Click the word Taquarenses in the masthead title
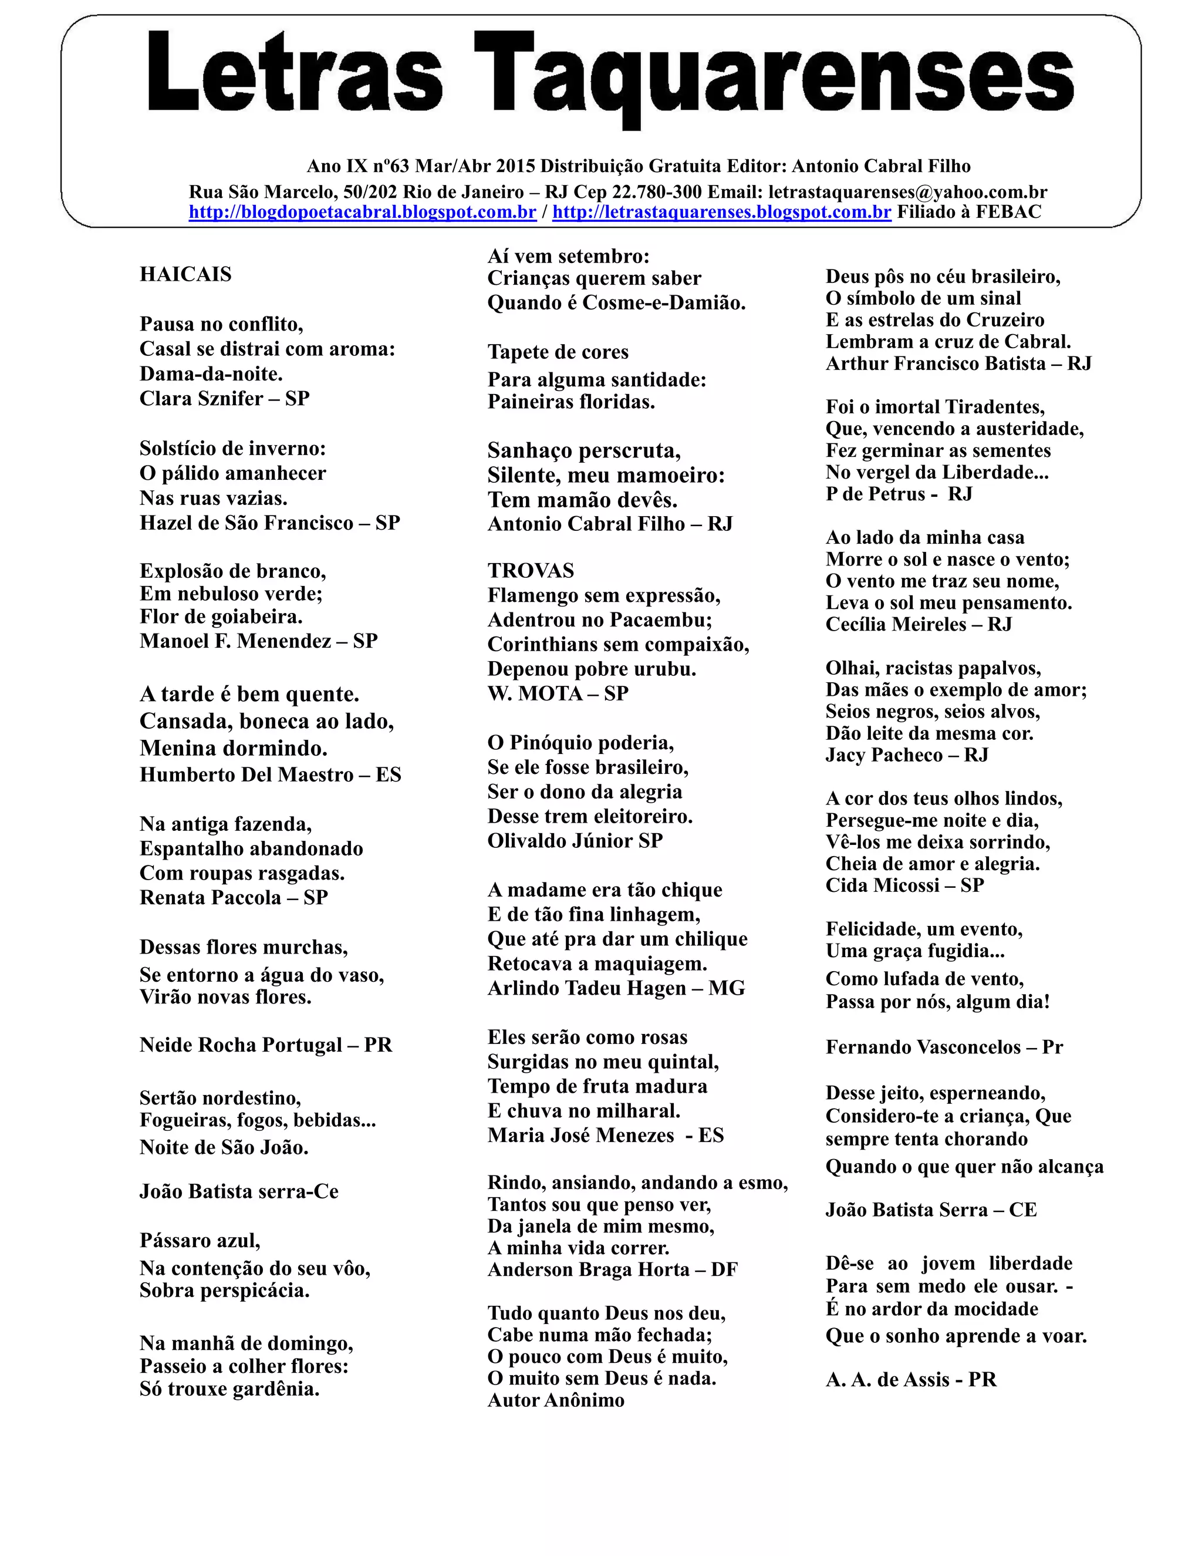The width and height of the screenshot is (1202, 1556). pyautogui.click(x=774, y=75)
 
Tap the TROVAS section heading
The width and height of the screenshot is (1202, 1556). pyautogui.click(x=531, y=570)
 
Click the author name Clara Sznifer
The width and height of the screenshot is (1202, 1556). pyautogui.click(x=201, y=398)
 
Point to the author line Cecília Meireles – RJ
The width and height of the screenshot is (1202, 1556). pyautogui.click(x=919, y=624)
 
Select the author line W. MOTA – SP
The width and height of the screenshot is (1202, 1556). pyautogui.click(x=558, y=693)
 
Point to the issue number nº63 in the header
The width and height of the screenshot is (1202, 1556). pyautogui.click(x=391, y=166)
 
